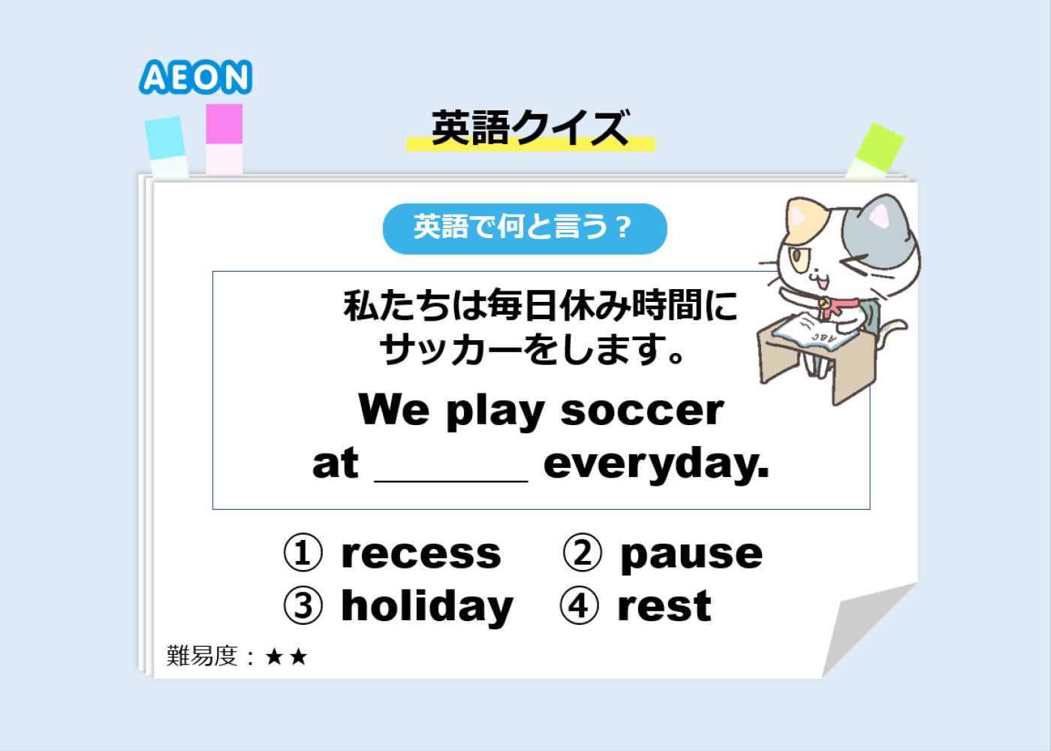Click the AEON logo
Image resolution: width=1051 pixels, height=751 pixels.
[x=196, y=77]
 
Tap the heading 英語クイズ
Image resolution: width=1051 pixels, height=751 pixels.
[x=531, y=128]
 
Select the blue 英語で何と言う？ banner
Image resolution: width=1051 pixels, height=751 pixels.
[x=525, y=228]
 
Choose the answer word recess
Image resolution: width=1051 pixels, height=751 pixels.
[x=421, y=554]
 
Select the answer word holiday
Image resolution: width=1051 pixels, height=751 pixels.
[x=427, y=608]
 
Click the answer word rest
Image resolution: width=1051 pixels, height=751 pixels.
[x=664, y=607]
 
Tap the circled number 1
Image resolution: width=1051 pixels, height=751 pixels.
[x=303, y=553]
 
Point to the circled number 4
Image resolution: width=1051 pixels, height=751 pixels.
[x=580, y=605]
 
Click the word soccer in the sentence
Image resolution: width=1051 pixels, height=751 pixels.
[x=643, y=412]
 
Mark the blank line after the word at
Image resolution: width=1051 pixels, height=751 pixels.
[x=451, y=481]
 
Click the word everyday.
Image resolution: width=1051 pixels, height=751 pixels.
[x=656, y=464]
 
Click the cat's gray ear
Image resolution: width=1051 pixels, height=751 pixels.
[x=878, y=215]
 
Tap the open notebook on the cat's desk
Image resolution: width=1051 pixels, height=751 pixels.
[x=815, y=332]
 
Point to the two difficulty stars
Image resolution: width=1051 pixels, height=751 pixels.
[x=286, y=656]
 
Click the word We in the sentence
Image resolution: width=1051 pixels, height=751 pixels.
[x=393, y=409]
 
